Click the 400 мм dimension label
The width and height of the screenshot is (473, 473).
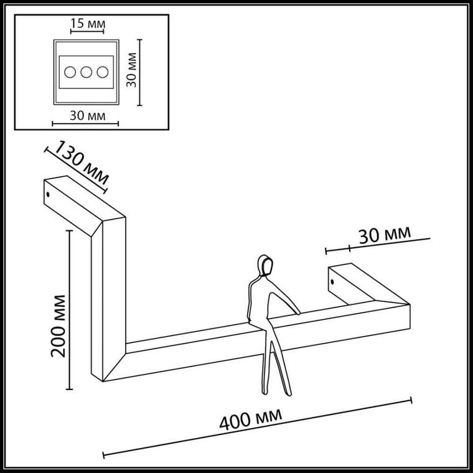point(251,419)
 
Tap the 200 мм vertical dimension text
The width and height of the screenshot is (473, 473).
point(59,326)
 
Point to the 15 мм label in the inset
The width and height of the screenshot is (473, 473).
point(88,23)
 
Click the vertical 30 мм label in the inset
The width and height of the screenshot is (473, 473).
point(131,70)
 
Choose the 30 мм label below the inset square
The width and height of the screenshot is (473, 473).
point(88,116)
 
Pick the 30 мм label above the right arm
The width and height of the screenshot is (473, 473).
point(385,235)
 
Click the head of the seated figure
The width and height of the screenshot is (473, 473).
point(265,266)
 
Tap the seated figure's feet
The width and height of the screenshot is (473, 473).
point(277,392)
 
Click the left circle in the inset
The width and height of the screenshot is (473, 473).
point(70,72)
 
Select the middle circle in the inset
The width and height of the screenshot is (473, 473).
point(87,72)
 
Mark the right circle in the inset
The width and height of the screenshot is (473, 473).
point(103,72)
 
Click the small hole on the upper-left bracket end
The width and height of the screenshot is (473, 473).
point(48,194)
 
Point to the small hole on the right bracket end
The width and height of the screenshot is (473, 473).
point(332,282)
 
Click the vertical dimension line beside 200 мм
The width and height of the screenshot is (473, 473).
point(69,310)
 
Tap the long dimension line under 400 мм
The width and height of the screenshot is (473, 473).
point(258,428)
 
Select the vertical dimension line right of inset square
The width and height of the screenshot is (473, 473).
point(139,72)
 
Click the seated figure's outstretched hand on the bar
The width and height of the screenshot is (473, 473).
point(297,313)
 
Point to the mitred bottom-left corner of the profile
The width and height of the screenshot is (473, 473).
point(103,381)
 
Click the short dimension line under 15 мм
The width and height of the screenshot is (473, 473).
point(87,31)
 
